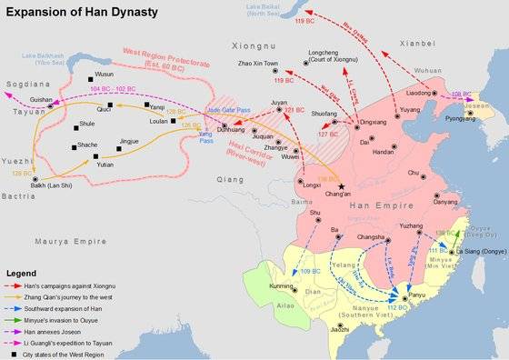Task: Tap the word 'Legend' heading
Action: pyautogui.click(x=22, y=273)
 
